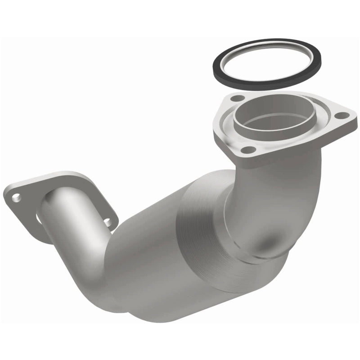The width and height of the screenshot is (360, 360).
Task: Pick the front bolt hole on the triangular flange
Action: (x=246, y=150)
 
